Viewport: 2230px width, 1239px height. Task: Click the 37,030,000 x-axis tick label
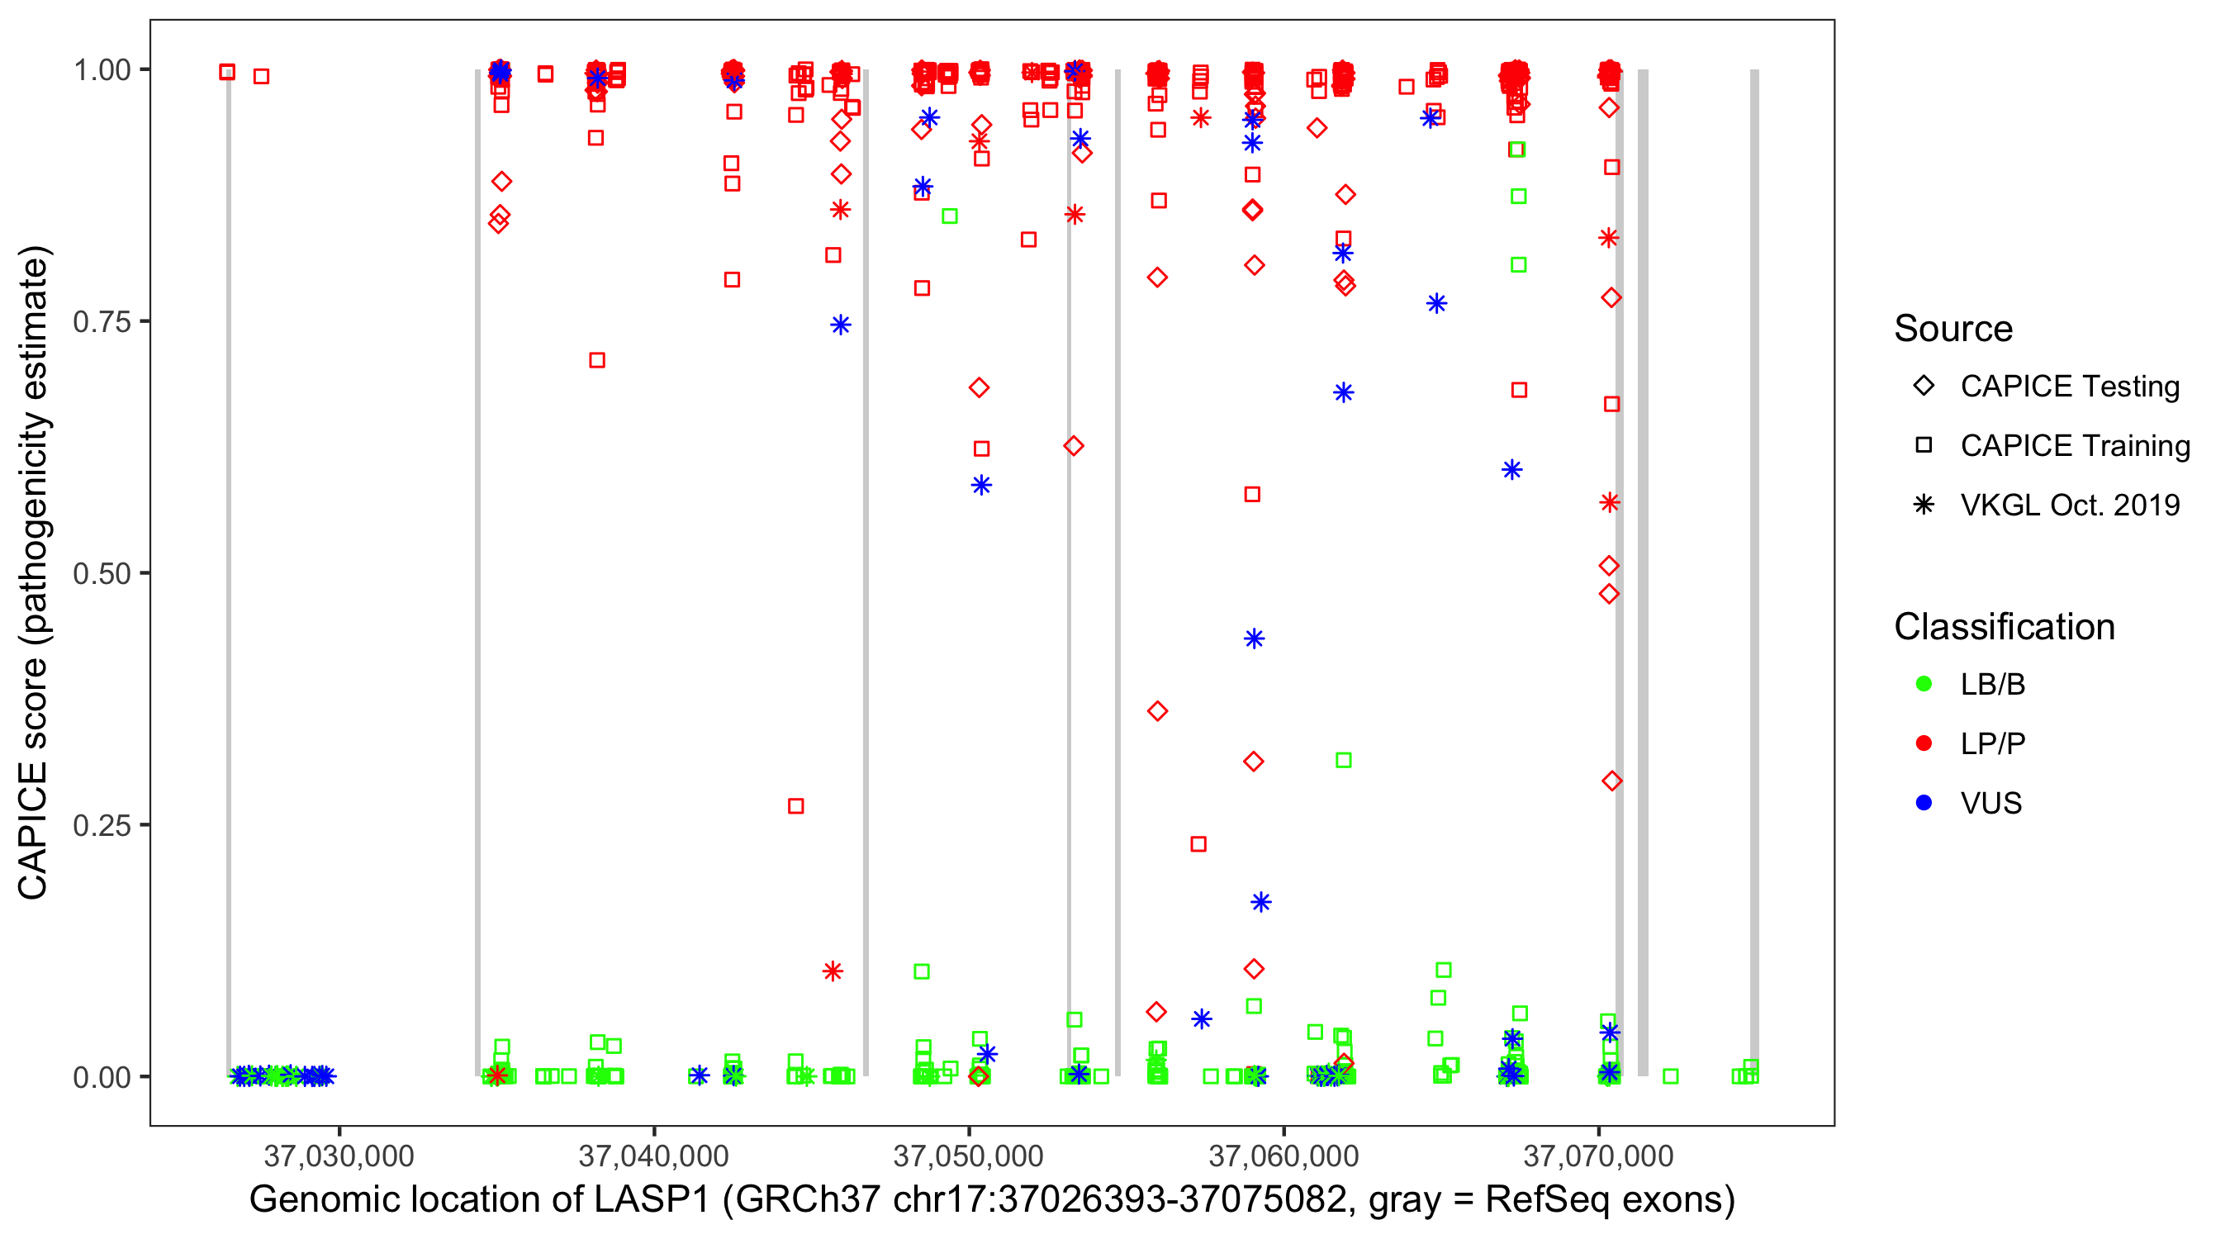[339, 1155]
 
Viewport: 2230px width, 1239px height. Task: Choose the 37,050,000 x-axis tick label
[968, 1155]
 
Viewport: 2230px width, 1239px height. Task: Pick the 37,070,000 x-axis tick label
[1597, 1155]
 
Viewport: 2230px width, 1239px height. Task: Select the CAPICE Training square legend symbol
[1924, 445]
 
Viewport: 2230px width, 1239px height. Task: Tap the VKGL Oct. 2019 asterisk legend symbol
[1924, 505]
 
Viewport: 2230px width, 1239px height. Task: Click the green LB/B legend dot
[1924, 684]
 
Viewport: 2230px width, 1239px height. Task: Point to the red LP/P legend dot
[1924, 743]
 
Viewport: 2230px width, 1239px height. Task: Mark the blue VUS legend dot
[1924, 803]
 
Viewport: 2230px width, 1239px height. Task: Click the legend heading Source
[1953, 329]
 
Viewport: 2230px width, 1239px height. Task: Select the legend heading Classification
[2004, 627]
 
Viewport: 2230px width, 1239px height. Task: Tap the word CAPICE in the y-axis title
[33, 829]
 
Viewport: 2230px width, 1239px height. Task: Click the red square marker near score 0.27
[795, 806]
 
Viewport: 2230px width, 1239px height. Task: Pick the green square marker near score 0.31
[1344, 760]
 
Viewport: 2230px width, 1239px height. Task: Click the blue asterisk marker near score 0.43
[1254, 639]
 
